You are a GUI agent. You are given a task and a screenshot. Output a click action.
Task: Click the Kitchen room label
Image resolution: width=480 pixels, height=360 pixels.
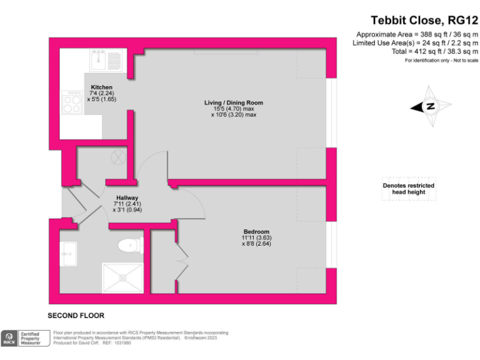101,87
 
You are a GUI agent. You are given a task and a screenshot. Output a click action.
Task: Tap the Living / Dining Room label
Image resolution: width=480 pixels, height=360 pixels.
234,102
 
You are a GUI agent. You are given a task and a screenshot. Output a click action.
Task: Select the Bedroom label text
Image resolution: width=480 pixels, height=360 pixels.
256,231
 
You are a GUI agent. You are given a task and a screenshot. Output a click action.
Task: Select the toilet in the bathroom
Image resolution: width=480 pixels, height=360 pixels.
130,245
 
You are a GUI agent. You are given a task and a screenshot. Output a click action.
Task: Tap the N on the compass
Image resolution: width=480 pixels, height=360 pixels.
430,107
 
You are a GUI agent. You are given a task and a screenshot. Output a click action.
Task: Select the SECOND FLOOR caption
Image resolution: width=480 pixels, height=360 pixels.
76,316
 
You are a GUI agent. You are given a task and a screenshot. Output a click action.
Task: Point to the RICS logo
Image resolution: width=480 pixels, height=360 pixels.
9,339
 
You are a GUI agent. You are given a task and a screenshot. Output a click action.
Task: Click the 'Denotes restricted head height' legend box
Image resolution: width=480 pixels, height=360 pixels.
409,189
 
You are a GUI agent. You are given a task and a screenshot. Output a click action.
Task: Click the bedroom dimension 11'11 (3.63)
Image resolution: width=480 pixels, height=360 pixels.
256,237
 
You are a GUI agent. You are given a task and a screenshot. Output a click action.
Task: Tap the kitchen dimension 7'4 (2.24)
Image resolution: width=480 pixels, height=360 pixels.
101,94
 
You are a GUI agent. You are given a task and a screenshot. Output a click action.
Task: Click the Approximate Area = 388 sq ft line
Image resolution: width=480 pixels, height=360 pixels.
417,34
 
